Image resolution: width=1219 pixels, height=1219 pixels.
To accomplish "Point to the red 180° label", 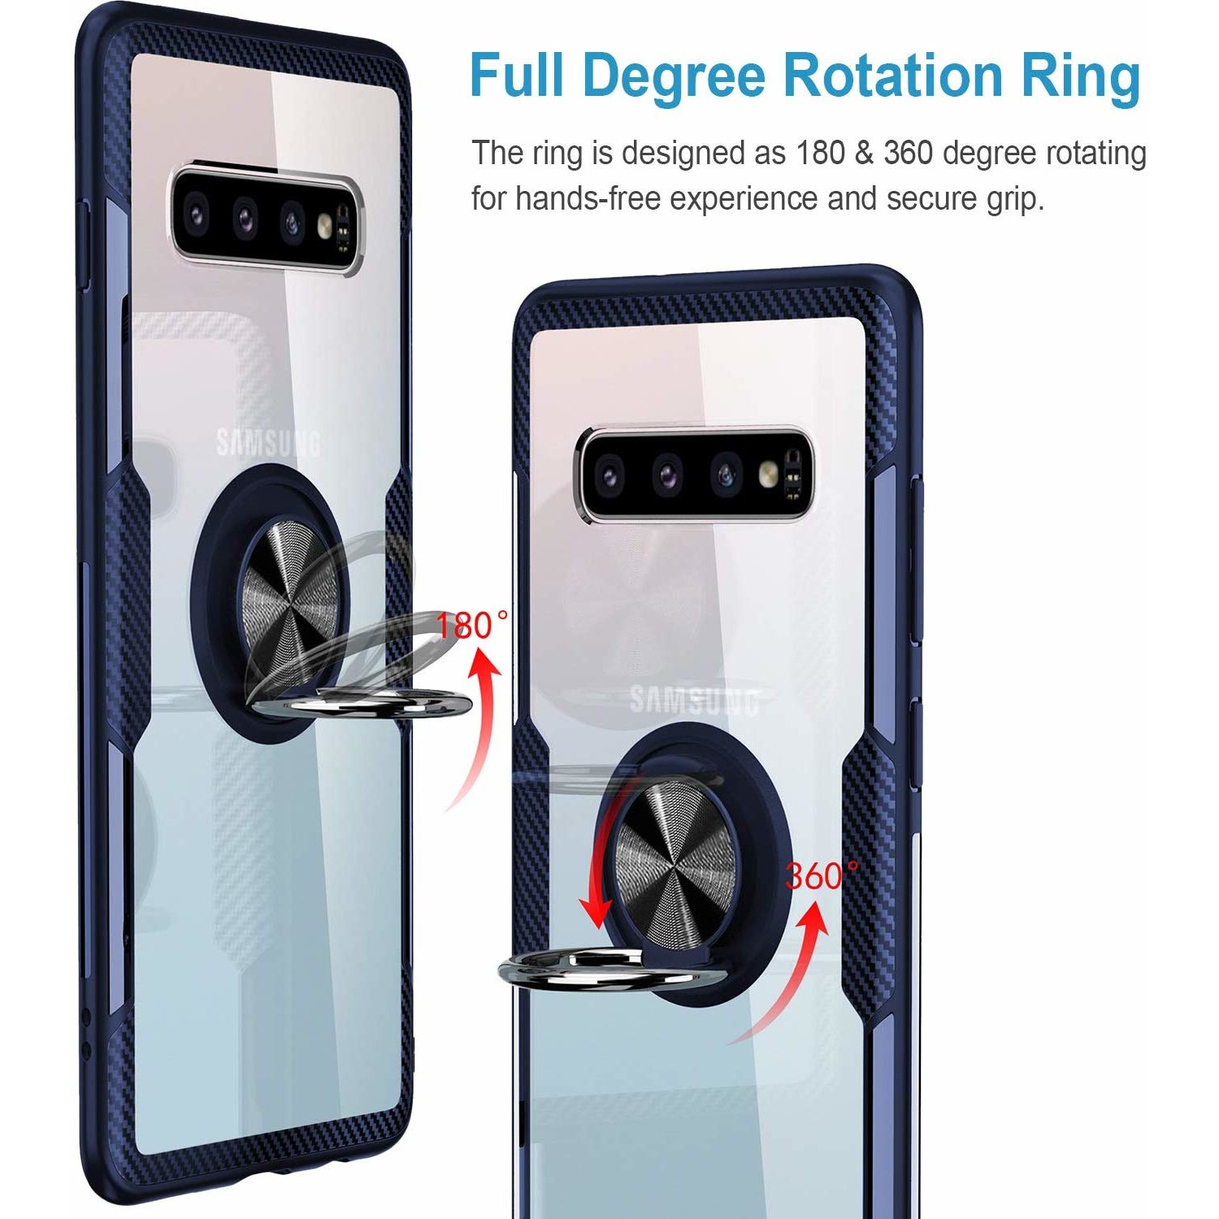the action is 472,625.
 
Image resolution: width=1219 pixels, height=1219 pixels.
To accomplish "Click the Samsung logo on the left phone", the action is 268,444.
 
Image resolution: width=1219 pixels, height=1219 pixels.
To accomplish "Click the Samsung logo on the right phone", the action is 695,701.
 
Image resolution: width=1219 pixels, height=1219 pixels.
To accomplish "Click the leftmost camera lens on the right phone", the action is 609,474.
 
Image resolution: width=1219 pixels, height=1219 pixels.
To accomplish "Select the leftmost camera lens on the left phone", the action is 196,213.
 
